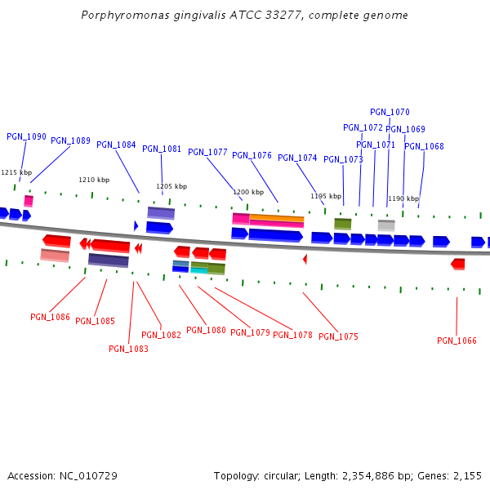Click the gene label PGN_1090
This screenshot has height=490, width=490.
[26, 136]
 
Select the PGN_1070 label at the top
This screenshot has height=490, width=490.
[390, 112]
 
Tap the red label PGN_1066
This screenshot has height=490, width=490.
[457, 341]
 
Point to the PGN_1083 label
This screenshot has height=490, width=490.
[128, 349]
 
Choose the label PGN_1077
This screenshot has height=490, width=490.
[207, 152]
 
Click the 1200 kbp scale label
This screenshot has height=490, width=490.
[248, 193]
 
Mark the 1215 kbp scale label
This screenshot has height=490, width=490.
[16, 172]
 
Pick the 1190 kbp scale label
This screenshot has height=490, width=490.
[403, 198]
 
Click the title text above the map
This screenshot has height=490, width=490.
[245, 16]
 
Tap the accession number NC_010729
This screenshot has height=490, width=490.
[62, 475]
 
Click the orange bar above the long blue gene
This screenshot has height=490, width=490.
[277, 218]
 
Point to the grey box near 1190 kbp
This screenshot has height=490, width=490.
[386, 225]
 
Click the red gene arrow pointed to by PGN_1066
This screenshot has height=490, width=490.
[457, 264]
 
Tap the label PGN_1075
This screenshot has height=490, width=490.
[338, 336]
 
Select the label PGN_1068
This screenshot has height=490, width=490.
[424, 146]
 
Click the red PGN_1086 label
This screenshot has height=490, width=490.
[50, 317]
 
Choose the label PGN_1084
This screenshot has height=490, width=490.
[116, 145]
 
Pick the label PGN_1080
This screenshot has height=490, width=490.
[206, 330]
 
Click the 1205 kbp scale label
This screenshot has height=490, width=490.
[171, 186]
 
